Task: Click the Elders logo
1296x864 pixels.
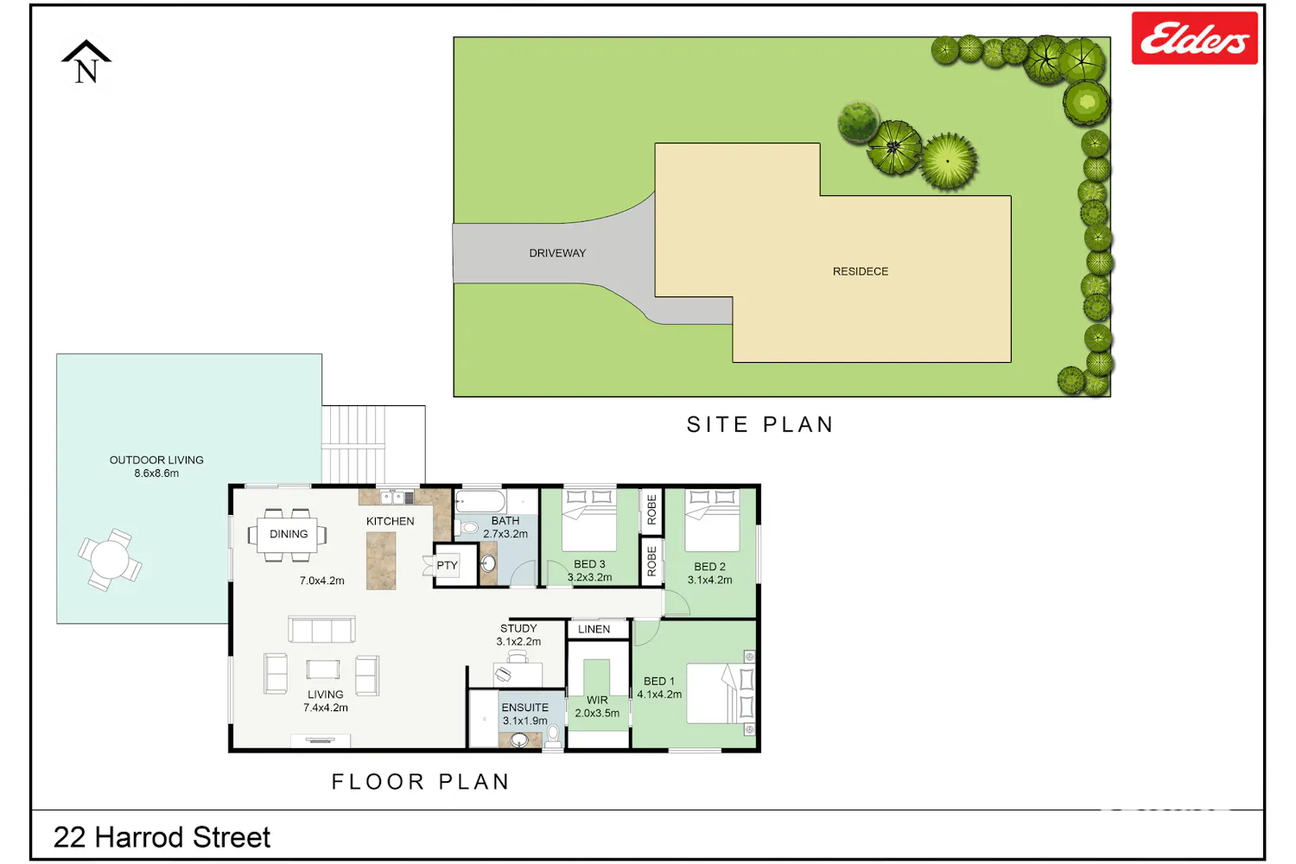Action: [x=1194, y=38]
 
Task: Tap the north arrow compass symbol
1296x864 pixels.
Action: [x=86, y=62]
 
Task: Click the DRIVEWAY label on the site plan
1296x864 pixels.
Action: [x=557, y=253]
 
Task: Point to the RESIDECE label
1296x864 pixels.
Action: [x=861, y=271]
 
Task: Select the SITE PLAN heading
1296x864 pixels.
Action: [x=760, y=425]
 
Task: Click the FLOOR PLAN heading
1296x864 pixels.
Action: [x=421, y=782]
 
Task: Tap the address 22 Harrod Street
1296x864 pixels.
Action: [x=162, y=837]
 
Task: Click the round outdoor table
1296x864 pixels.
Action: [x=110, y=560]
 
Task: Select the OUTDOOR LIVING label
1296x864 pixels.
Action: [x=156, y=460]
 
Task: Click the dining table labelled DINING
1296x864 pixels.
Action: [x=288, y=534]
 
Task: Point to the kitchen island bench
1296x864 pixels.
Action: [x=381, y=562]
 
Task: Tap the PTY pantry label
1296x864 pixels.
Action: [x=448, y=565]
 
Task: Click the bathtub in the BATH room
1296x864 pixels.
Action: [x=480, y=501]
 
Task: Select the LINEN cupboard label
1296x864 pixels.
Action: [x=594, y=629]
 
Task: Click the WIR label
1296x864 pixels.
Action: [x=597, y=700]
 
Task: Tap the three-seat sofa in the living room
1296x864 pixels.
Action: [x=321, y=630]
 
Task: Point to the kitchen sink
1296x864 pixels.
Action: [x=392, y=497]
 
